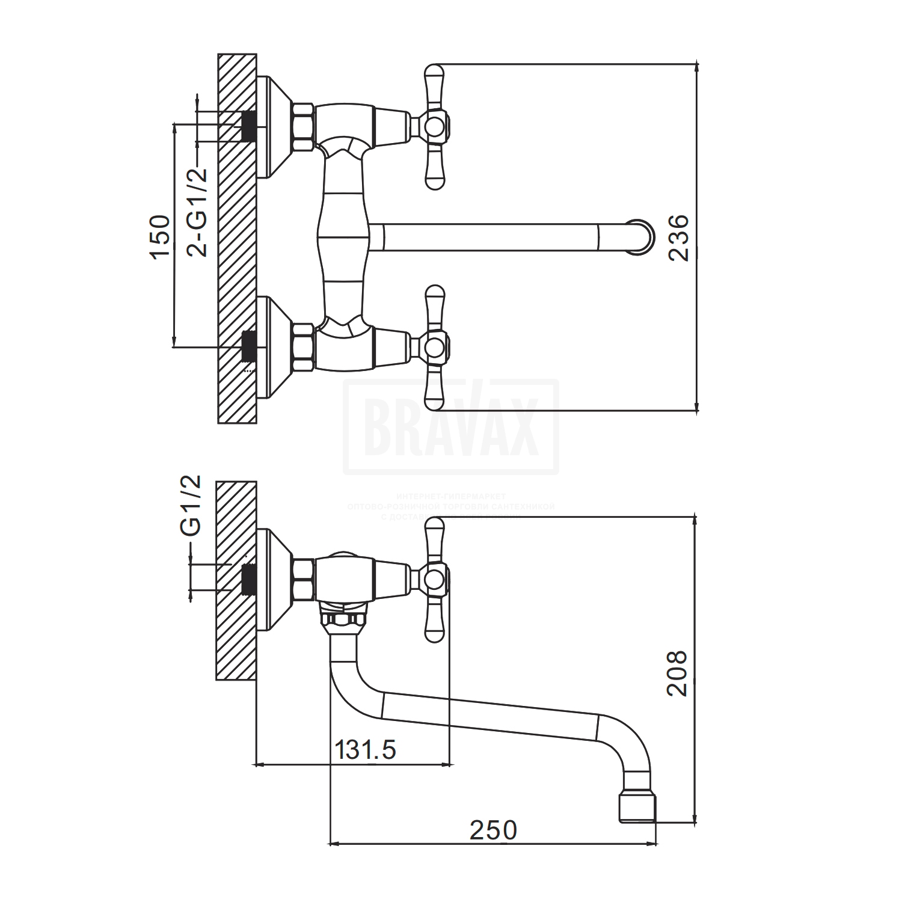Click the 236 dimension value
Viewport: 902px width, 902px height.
point(678,238)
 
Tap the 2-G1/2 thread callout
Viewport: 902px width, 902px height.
point(197,212)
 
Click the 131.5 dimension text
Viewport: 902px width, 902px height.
point(365,750)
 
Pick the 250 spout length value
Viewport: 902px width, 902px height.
point(493,830)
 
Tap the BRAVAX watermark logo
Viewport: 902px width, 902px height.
point(450,427)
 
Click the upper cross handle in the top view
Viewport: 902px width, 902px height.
point(435,126)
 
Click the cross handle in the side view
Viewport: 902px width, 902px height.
point(435,579)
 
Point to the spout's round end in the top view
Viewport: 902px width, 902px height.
point(639,236)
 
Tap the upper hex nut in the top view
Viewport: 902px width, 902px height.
point(302,126)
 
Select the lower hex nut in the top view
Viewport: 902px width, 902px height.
point(302,347)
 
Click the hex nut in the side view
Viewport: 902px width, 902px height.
point(302,579)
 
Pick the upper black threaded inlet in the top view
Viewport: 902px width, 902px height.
point(247,126)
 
